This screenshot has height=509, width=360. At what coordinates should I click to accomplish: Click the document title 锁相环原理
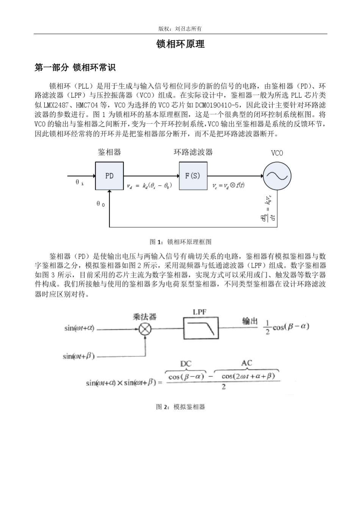[x=180, y=44]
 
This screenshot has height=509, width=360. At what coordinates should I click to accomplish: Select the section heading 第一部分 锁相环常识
[x=75, y=68]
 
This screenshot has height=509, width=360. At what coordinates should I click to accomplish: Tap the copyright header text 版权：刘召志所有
[x=180, y=29]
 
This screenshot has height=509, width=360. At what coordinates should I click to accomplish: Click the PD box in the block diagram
[x=109, y=176]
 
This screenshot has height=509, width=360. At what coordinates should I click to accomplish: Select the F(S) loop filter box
[x=193, y=176]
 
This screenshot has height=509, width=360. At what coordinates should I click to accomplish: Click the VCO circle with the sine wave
[x=277, y=176]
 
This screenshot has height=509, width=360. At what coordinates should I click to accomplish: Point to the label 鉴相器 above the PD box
[x=109, y=152]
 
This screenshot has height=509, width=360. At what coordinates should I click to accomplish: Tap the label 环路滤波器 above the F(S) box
[x=193, y=152]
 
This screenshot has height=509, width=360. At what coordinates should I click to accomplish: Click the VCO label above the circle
[x=277, y=153]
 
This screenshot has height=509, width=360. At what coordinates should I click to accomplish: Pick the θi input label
[x=80, y=183]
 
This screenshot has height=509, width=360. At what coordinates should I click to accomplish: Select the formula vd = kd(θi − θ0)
[x=150, y=186]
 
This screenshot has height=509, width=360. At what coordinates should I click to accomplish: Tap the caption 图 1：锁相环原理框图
[x=180, y=242]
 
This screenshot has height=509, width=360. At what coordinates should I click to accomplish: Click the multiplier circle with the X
[x=144, y=329]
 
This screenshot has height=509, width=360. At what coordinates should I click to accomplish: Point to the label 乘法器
[x=144, y=317]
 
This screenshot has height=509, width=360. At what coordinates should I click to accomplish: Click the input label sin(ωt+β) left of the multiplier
[x=79, y=356]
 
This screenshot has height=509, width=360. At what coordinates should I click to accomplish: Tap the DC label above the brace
[x=186, y=364]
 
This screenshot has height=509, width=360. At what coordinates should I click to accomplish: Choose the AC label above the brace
[x=246, y=363]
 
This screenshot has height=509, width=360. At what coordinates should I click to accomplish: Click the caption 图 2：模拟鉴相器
[x=180, y=407]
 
